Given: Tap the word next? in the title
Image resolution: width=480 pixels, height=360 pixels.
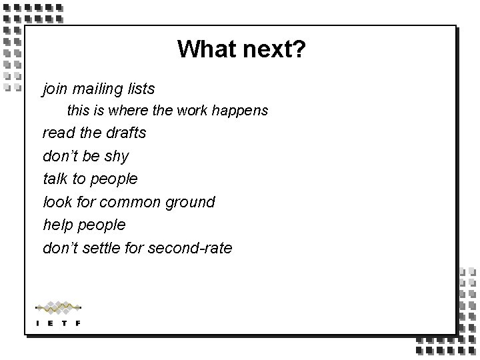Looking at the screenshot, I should (273, 49).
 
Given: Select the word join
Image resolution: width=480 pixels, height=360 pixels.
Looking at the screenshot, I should (55, 88).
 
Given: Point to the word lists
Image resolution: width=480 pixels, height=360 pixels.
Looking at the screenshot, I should (140, 88).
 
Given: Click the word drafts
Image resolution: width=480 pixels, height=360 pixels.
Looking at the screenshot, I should (126, 133).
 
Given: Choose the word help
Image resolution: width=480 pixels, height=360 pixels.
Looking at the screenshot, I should (57, 225).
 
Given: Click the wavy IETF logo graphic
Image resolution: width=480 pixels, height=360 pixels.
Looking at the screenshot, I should (58, 307).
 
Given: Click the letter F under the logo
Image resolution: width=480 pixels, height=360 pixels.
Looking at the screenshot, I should (78, 323).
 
